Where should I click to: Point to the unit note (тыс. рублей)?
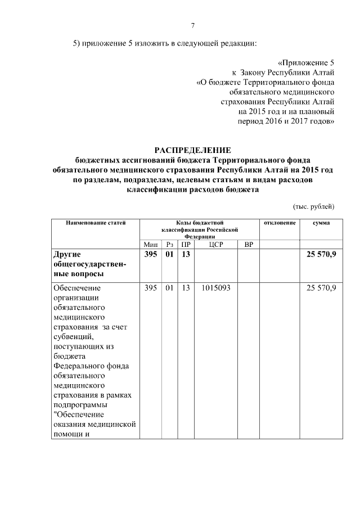click(314, 206)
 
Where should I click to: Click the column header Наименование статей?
click(95, 223)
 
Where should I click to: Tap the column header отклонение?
click(280, 223)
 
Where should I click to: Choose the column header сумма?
click(321, 223)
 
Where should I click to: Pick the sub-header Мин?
click(151, 244)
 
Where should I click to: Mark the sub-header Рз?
click(169, 244)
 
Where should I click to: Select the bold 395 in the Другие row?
click(151, 255)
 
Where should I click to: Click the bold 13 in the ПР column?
click(186, 255)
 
